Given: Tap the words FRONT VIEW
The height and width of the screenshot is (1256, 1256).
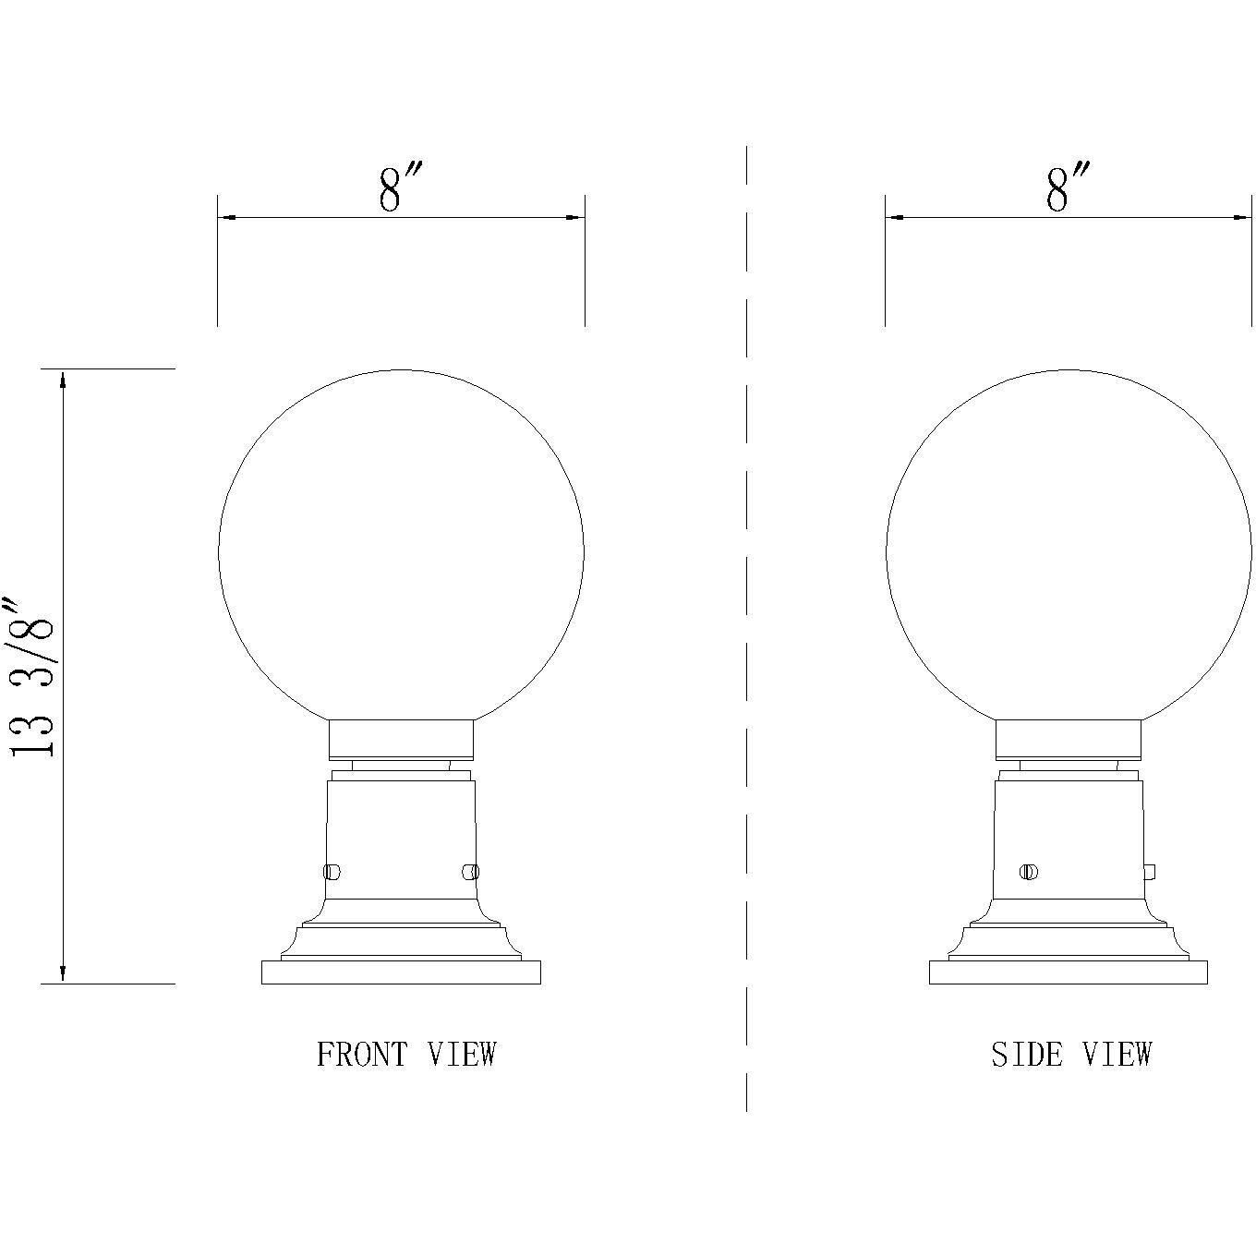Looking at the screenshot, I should coord(406,1054).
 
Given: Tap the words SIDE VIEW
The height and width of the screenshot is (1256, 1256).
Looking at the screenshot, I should coord(1071,1054).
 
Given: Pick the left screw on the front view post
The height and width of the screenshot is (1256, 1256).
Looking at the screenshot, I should coord(332,871).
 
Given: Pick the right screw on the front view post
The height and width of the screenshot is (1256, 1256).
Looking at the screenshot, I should coord(470,871).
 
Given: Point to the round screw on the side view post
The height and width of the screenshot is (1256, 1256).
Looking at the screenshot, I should coord(1029,871).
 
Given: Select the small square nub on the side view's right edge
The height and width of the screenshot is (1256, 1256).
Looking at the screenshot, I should coord(1150,871).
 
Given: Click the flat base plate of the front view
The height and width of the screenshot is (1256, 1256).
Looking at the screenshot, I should coord(401,972).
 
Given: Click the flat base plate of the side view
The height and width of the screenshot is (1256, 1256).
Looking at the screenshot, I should coord(1068,972).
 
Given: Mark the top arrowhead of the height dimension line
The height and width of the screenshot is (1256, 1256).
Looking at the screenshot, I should coord(63,379).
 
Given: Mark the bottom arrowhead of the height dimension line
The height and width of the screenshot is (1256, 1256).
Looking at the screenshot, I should coord(63,973).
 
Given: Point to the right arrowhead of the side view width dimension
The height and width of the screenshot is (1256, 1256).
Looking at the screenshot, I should coord(1241,218).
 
